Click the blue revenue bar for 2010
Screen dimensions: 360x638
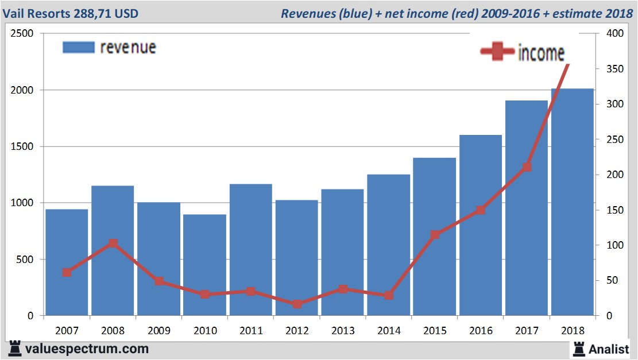click(204, 265)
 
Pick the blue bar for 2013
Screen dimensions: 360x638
click(342, 252)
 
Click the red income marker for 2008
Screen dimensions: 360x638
click(113, 243)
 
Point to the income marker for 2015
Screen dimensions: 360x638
click(435, 234)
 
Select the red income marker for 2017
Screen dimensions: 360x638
click(527, 167)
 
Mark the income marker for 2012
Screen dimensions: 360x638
click(297, 304)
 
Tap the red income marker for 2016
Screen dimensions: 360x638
click(481, 210)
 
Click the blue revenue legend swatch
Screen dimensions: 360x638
click(78, 47)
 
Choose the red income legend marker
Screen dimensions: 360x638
click(497, 52)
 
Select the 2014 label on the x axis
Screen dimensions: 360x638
click(389, 331)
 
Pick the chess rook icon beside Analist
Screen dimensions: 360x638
click(578, 348)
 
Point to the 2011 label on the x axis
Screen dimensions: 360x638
click(251, 331)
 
